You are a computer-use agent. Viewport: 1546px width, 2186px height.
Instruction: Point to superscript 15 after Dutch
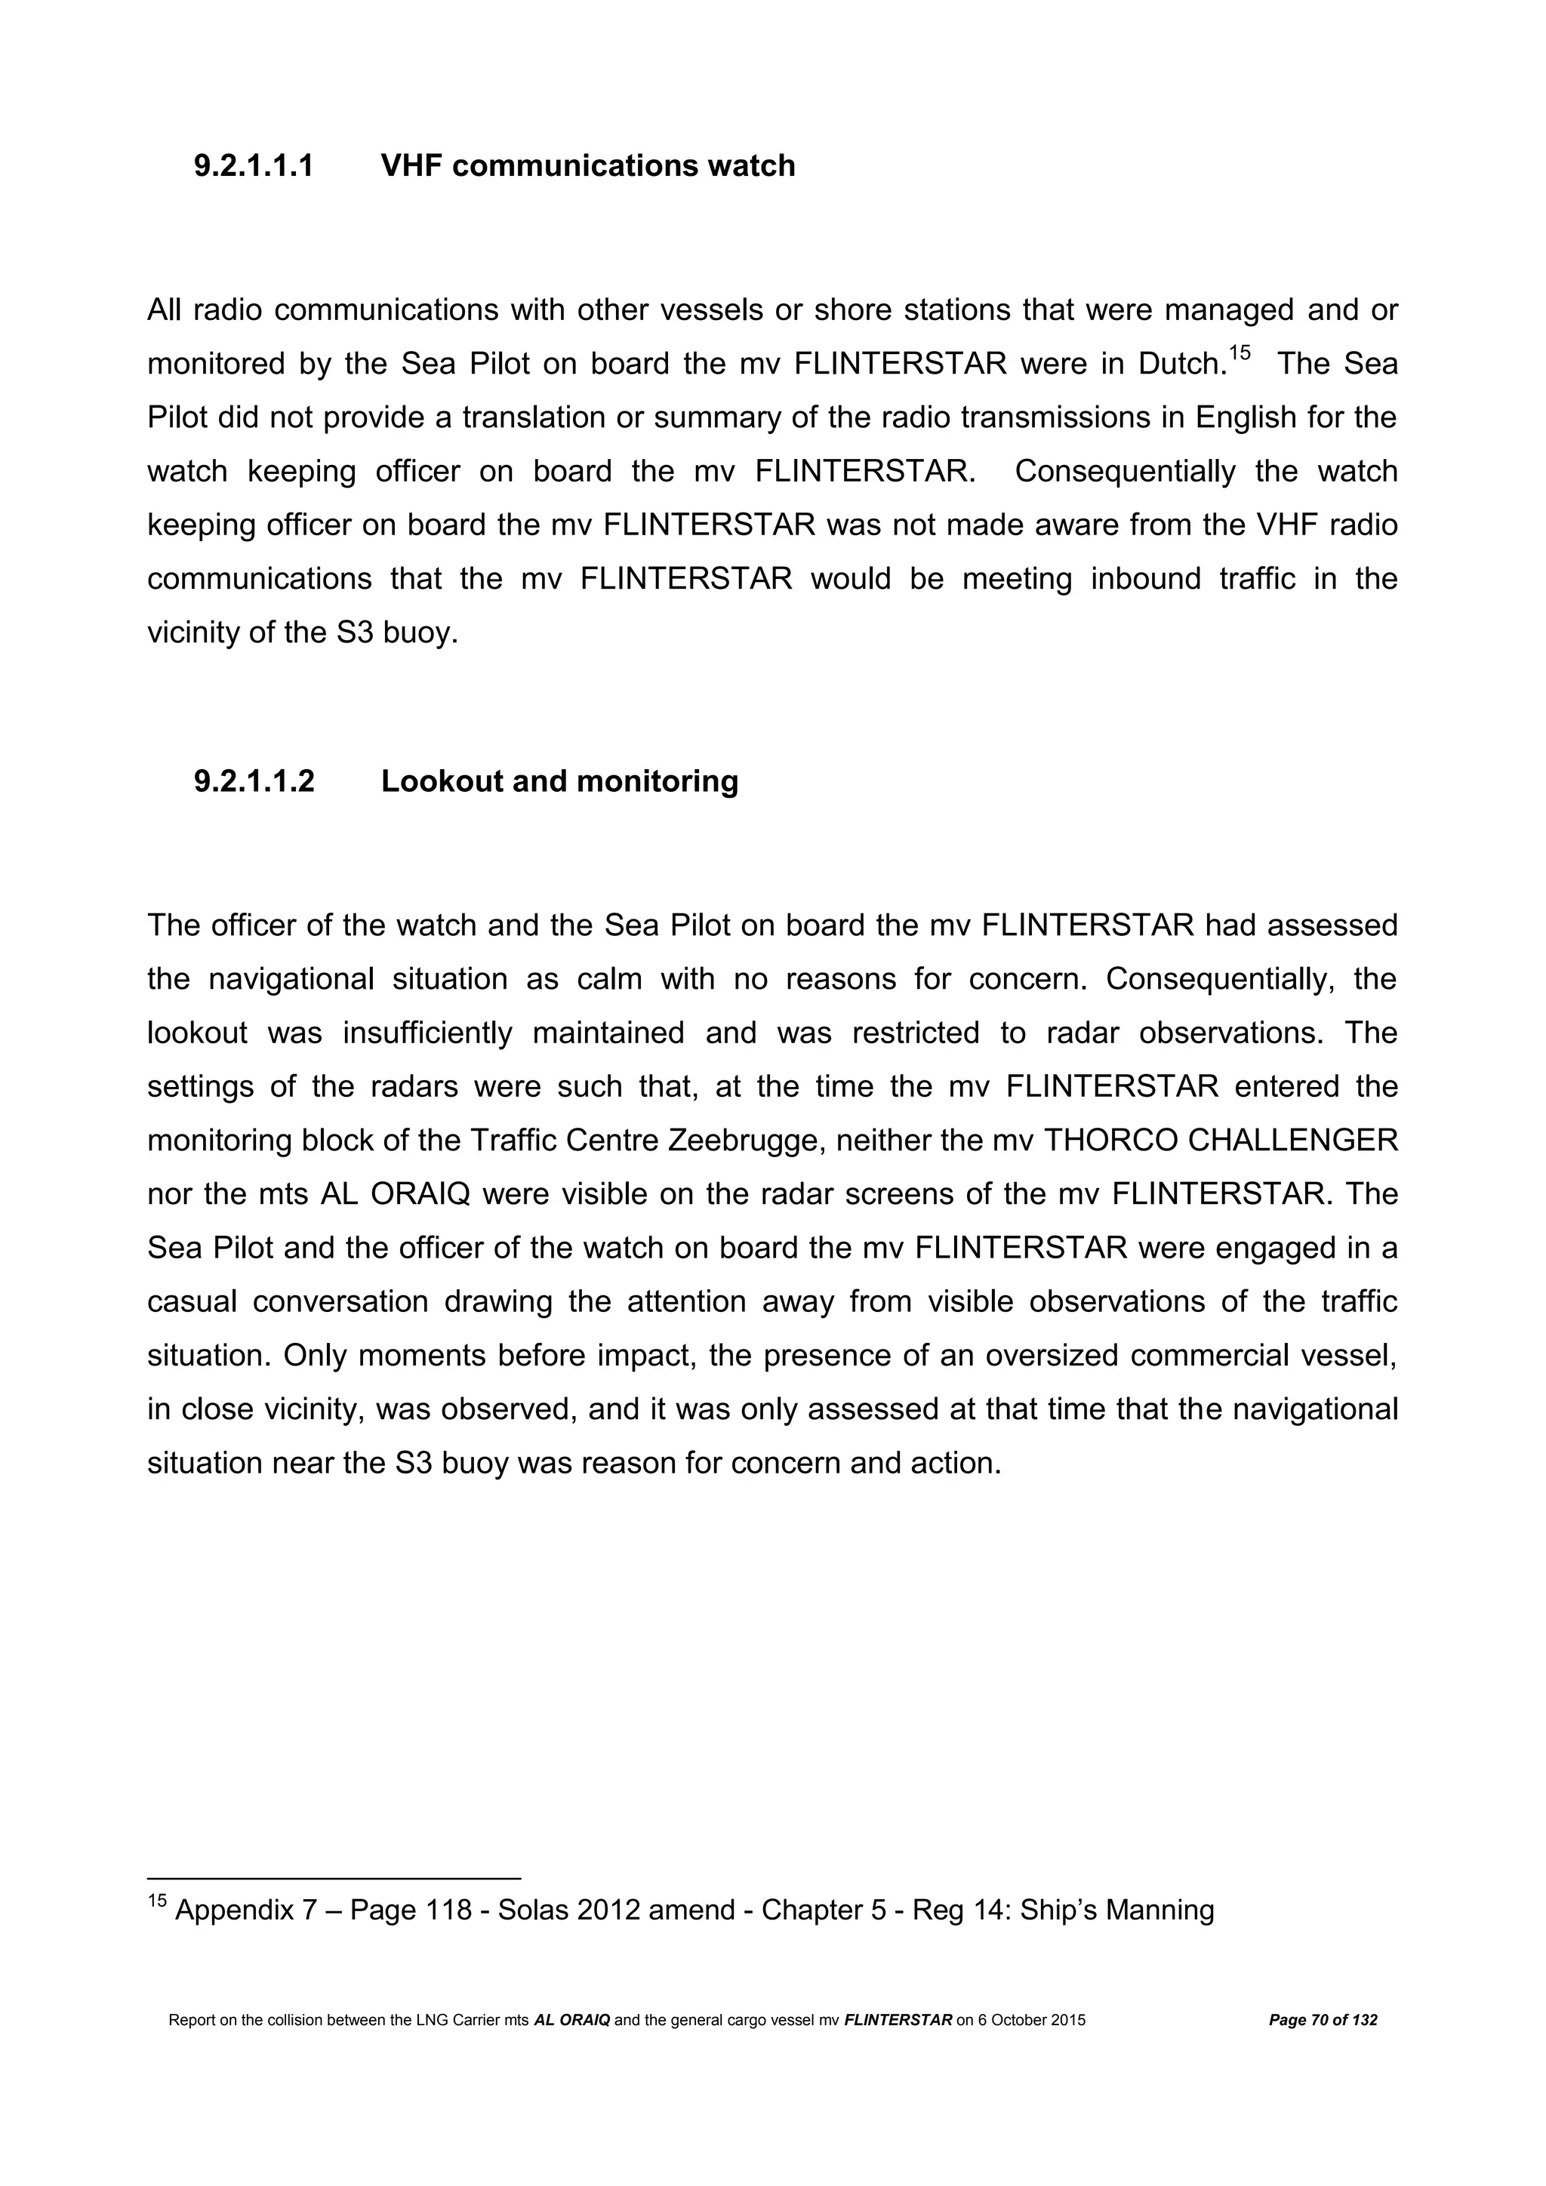[x=1239, y=354]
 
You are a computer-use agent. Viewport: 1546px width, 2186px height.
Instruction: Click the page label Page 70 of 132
[x=1323, y=2047]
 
